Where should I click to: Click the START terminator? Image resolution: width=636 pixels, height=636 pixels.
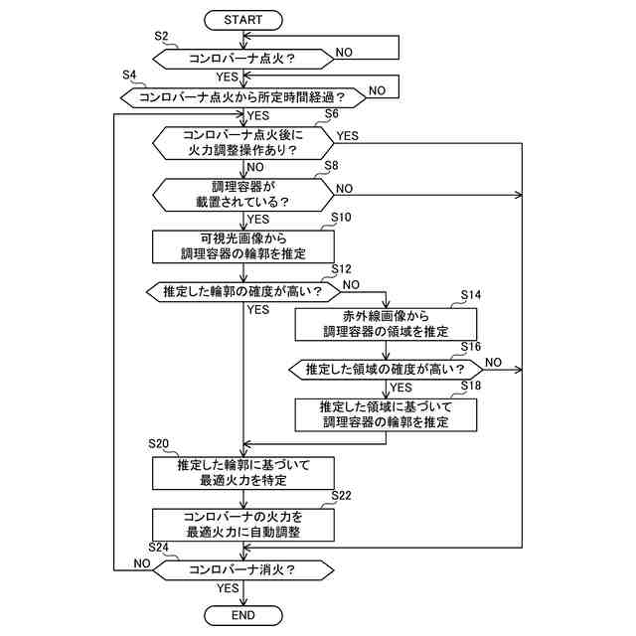pos(242,20)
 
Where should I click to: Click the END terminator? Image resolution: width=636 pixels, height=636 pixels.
pos(242,615)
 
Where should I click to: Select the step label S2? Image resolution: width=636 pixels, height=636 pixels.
pos(161,36)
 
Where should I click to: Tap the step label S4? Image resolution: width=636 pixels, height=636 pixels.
pos(129,76)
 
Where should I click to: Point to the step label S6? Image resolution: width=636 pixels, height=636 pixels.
pos(331,114)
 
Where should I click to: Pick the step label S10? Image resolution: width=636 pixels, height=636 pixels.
pos(341,218)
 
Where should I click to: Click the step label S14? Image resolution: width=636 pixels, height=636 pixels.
pos(470,295)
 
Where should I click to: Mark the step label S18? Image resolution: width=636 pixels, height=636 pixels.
pos(470,386)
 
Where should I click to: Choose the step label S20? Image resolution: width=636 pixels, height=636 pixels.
pos(158,444)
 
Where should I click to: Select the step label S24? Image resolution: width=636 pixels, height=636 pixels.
pos(158,548)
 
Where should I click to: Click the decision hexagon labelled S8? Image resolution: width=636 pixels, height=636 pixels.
pos(243,195)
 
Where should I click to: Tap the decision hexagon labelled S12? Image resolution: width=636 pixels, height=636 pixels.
pos(243,291)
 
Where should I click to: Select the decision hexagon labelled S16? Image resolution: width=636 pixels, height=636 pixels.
pos(386,370)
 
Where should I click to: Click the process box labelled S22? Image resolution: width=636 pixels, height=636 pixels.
pos(243,525)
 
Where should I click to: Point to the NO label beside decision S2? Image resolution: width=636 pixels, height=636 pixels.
pos(344,53)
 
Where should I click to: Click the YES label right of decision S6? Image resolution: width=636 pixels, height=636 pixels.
pos(348,136)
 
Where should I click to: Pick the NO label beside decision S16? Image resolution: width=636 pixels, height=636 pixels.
pos(493,362)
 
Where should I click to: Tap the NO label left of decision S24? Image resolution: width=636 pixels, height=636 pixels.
pos(142,563)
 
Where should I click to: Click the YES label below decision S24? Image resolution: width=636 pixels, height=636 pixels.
pos(228,588)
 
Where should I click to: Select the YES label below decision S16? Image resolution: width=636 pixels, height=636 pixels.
pos(400,388)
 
